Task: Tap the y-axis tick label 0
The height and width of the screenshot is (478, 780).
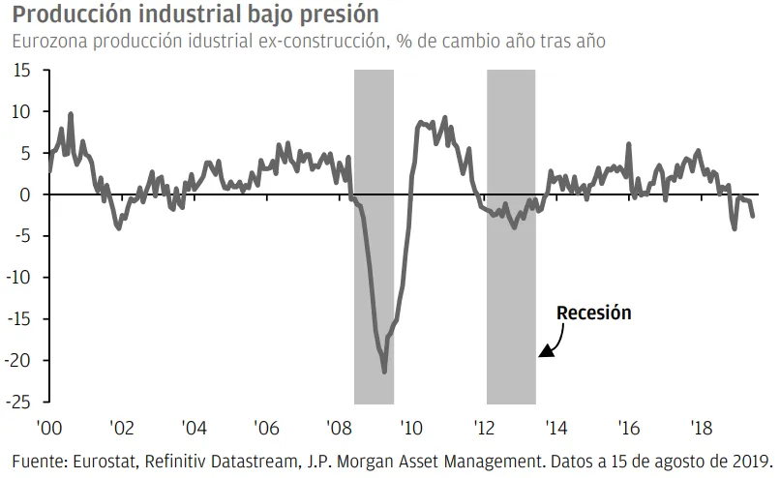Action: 28,194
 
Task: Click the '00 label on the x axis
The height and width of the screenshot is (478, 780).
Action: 50,426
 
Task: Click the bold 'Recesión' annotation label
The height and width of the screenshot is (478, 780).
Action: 593,313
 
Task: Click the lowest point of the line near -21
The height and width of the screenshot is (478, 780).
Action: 384,372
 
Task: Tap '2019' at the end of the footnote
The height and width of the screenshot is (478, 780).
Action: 752,458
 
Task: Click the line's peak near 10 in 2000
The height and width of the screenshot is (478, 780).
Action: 70,114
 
